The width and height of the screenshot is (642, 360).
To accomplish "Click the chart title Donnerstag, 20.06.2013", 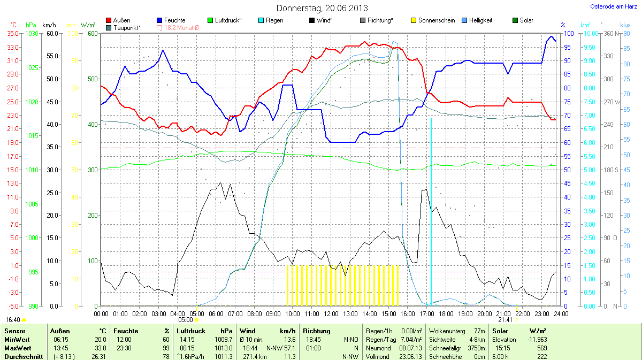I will click(x=322, y=8).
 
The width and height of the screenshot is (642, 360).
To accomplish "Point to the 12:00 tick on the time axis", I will click(x=331, y=313).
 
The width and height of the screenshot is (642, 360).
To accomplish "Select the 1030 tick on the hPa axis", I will click(x=33, y=33).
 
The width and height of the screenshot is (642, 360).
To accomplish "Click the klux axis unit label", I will click(x=625, y=25).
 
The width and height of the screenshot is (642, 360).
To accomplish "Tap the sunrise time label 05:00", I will click(x=193, y=320).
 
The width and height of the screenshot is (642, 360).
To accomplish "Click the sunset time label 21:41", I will click(x=506, y=320).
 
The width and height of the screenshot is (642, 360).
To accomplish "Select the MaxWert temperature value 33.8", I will click(x=100, y=348).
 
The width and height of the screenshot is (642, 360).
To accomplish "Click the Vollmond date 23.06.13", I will click(x=410, y=356).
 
